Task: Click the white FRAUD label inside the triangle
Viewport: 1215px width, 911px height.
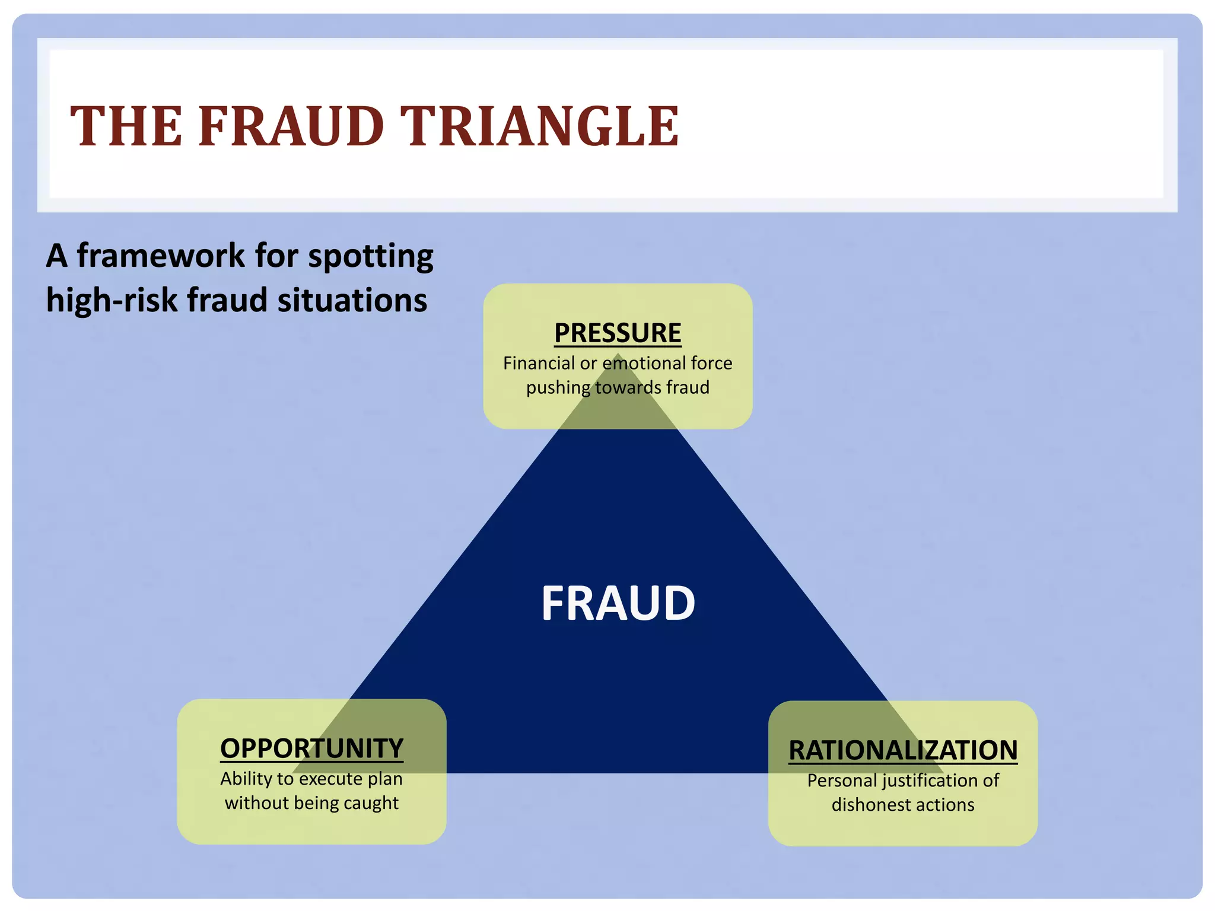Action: pos(618,603)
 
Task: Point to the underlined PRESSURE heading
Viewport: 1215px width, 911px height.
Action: pos(618,333)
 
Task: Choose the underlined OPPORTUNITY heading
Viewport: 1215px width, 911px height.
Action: pos(311,748)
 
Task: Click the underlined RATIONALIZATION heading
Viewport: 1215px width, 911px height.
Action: pos(902,750)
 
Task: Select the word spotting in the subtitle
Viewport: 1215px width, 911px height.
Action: pos(370,257)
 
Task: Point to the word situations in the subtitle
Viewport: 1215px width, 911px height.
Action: pos(352,300)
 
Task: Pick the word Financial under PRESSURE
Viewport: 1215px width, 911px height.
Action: pos(539,363)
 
